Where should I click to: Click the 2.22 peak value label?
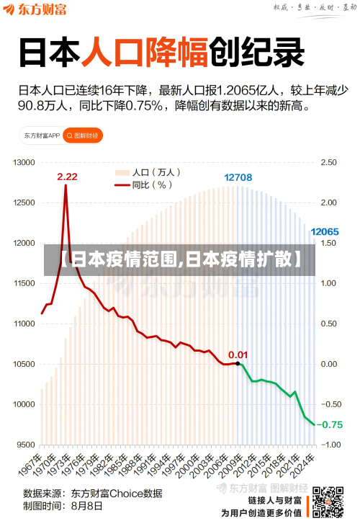click(67, 177)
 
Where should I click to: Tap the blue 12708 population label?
click(238, 177)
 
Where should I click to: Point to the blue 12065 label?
click(324, 232)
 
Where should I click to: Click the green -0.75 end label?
click(331, 424)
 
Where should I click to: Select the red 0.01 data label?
click(238, 354)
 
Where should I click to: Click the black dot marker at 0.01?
click(238, 363)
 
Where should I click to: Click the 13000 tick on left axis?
click(24, 162)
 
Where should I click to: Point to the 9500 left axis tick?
click(26, 445)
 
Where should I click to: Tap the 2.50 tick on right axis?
click(329, 162)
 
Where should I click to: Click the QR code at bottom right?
click(329, 502)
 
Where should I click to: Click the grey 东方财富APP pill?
click(40, 135)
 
